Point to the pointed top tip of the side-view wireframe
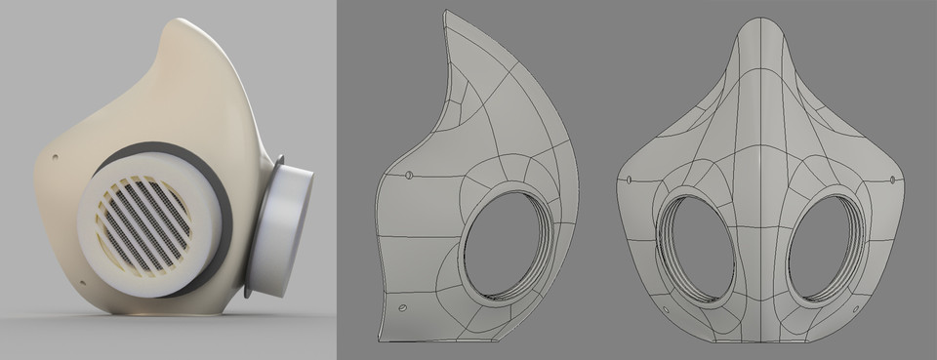pos(446,13)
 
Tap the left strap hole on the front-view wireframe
pos(631,180)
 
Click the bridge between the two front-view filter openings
pos(762,244)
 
